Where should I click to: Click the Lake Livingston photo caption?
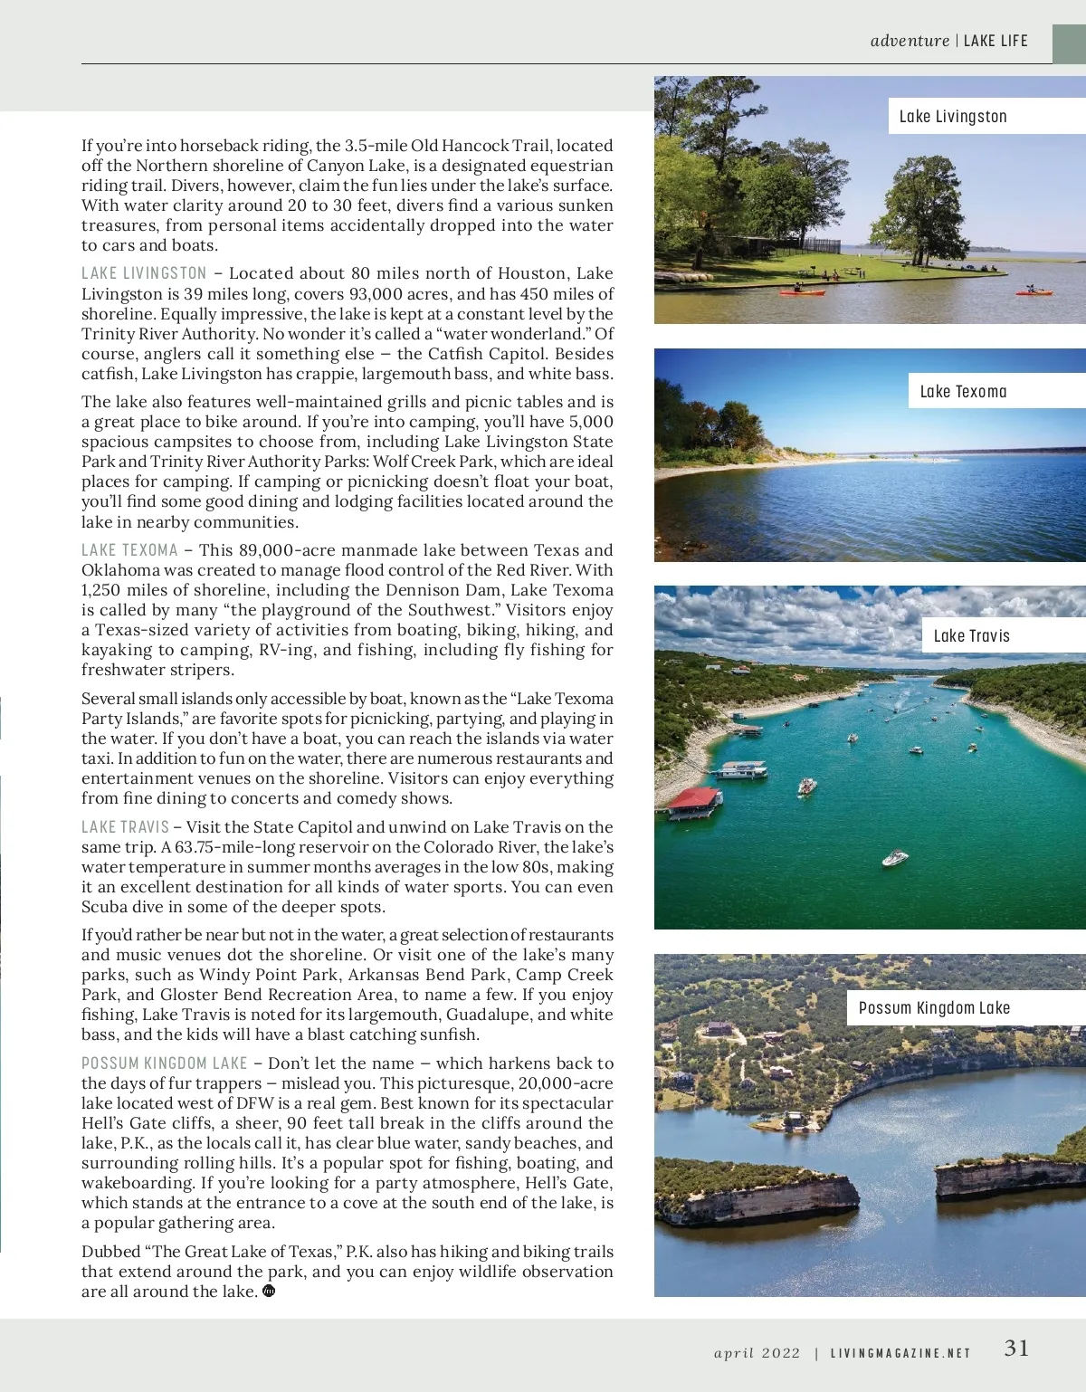[952, 117]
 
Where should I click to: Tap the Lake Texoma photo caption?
[963, 392]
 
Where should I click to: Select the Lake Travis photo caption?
[971, 636]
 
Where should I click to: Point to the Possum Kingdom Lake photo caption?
[934, 1008]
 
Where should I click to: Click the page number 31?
[1016, 1349]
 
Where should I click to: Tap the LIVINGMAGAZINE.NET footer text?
[900, 1354]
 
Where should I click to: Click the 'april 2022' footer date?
[757, 1354]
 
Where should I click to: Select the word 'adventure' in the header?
[910, 41]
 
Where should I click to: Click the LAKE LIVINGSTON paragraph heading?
[144, 273]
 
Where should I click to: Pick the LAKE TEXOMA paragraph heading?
[129, 550]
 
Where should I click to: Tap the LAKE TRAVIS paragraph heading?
[125, 827]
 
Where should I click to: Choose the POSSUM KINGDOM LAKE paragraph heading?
[164, 1063]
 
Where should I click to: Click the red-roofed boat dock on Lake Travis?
[694, 798]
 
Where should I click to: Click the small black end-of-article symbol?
[269, 1292]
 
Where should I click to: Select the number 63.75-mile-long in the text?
[233, 847]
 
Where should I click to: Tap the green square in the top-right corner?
[1069, 43]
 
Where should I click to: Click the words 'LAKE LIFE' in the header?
[995, 41]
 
